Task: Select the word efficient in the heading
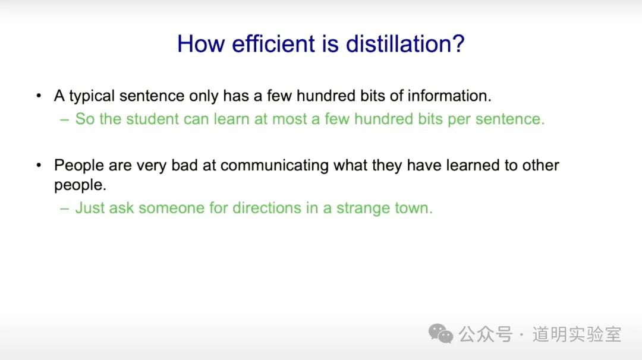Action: coord(274,44)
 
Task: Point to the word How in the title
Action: coord(201,44)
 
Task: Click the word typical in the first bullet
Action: coord(92,97)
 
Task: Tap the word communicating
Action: coord(274,166)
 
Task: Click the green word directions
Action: coord(267,208)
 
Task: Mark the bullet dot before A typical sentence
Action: coord(39,96)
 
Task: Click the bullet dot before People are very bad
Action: coord(39,166)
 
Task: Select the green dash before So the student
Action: coord(64,119)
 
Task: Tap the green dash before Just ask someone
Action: coord(64,209)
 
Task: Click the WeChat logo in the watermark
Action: coord(440,334)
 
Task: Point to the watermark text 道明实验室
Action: coord(577,334)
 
